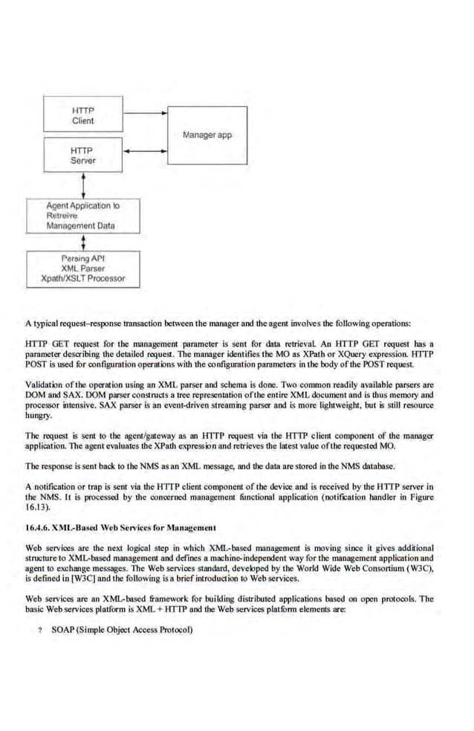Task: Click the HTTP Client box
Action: pyautogui.click(x=82, y=115)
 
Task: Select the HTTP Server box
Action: pyautogui.click(x=82, y=155)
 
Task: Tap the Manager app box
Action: pyautogui.click(x=207, y=135)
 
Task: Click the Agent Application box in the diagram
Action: pyautogui.click(x=82, y=215)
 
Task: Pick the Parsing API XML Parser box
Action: pyautogui.click(x=82, y=268)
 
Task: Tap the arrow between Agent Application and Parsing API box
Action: pyautogui.click(x=83, y=241)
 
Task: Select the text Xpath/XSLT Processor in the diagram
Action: pyautogui.click(x=82, y=279)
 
